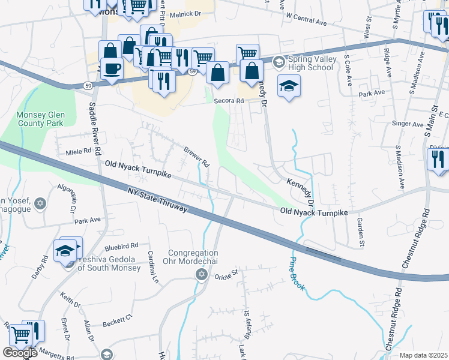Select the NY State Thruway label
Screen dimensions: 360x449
click(158, 200)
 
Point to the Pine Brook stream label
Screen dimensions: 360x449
click(298, 274)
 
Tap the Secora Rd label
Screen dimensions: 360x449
click(229, 101)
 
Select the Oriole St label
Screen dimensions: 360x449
click(227, 272)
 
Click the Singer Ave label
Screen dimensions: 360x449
click(408, 124)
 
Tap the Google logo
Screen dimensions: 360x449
click(20, 353)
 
